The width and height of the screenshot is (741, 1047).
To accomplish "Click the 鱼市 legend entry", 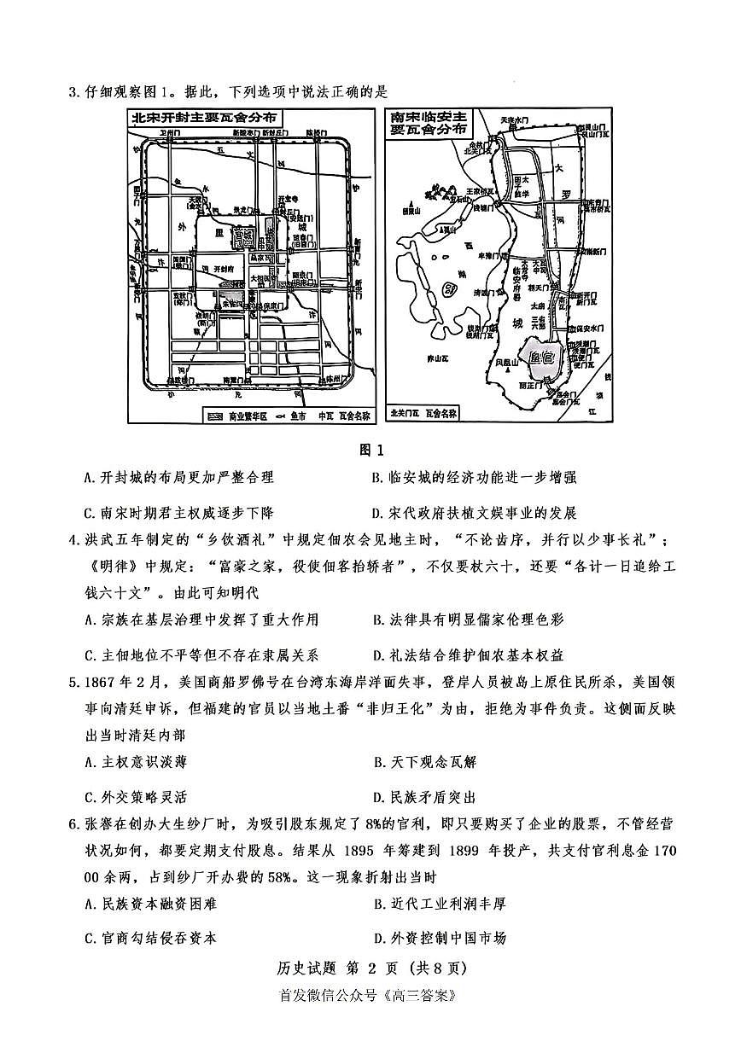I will tap(298, 416).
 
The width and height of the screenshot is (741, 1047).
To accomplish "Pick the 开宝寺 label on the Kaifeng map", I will tap(288, 199).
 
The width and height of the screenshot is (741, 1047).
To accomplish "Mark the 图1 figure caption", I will tap(370, 449).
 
